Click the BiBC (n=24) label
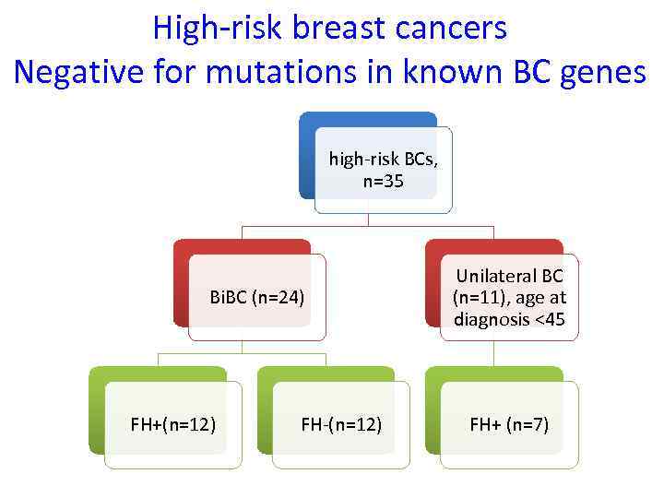pos(257,298)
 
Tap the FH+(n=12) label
pos(173,424)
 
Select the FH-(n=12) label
pos(341,424)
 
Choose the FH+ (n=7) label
pos(509,424)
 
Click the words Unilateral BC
pos(509,277)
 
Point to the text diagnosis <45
pos(509,319)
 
